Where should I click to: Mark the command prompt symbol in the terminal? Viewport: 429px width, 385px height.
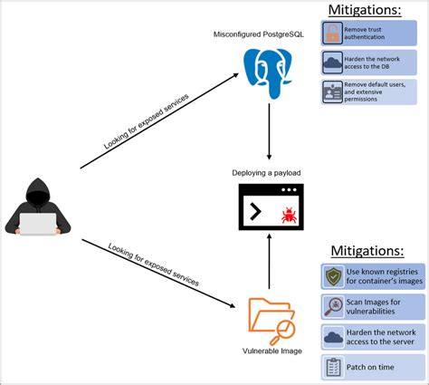click(x=256, y=212)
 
